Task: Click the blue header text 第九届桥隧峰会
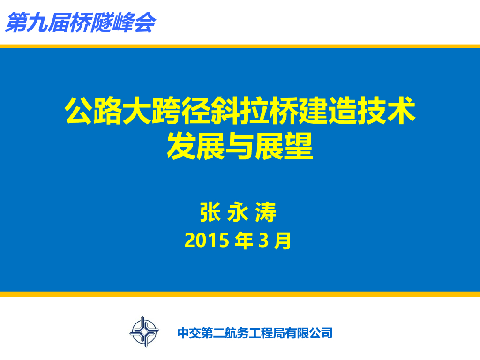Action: tap(81, 22)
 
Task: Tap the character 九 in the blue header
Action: tap(37, 22)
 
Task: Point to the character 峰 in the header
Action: tap(123, 22)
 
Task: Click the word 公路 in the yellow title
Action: tap(93, 110)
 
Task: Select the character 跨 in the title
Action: tap(166, 110)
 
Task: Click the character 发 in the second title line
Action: tap(181, 146)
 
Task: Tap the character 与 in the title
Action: tap(240, 146)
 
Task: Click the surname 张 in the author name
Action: tap(210, 212)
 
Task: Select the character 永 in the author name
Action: tap(238, 212)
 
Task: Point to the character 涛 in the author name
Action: tap(266, 212)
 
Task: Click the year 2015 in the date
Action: tap(207, 240)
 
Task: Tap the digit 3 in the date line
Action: tap(263, 240)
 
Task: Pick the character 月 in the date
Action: tap(283, 240)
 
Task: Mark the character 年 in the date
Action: tap(244, 240)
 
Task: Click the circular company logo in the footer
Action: tap(144, 332)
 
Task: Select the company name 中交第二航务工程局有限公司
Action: tap(255, 333)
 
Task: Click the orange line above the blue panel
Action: tap(240, 46)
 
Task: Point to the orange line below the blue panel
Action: tap(240, 294)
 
